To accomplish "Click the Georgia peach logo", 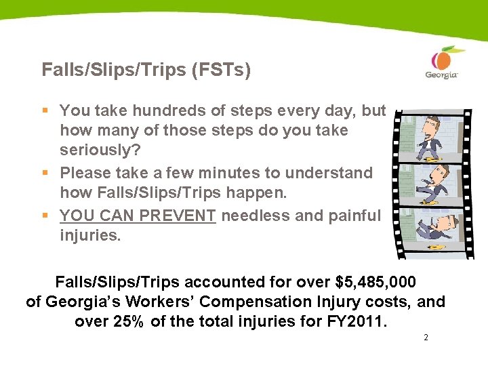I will click(441, 62).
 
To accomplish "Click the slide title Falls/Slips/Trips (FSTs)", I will click(146, 70).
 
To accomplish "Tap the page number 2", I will click(425, 338).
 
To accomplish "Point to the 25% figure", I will click(127, 321).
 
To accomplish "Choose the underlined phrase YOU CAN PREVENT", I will click(138, 216).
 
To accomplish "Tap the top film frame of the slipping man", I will click(432, 136).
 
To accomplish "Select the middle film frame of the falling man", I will click(432, 184).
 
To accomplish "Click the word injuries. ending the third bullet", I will click(90, 235).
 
